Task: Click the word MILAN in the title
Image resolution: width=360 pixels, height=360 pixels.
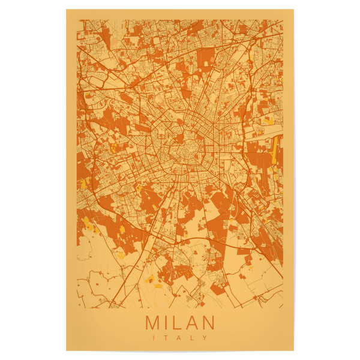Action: coord(179,322)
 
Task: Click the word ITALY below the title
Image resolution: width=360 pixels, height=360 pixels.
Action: coord(179,337)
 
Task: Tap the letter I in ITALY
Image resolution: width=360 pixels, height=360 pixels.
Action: coord(155,337)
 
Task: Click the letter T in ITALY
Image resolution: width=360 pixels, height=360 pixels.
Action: coord(166,337)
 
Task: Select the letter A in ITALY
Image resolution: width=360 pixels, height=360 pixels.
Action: coord(179,337)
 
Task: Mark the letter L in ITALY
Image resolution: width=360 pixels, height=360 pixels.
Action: coord(192,337)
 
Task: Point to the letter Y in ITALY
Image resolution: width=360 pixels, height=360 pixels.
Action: coord(204,337)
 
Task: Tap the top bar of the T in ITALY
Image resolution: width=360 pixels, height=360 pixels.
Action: coord(166,335)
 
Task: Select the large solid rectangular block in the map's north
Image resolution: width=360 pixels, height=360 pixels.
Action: coord(205,58)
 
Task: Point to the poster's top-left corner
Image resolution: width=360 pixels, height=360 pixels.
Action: coord(67,10)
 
